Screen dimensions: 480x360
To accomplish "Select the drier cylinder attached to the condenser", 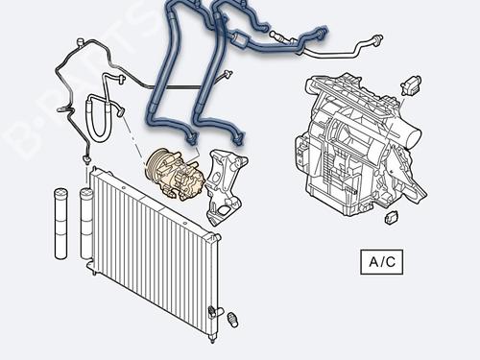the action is click(x=86, y=225).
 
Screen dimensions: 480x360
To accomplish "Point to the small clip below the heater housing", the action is click(x=391, y=217).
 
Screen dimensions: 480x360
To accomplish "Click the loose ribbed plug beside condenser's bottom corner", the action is click(x=230, y=316).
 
